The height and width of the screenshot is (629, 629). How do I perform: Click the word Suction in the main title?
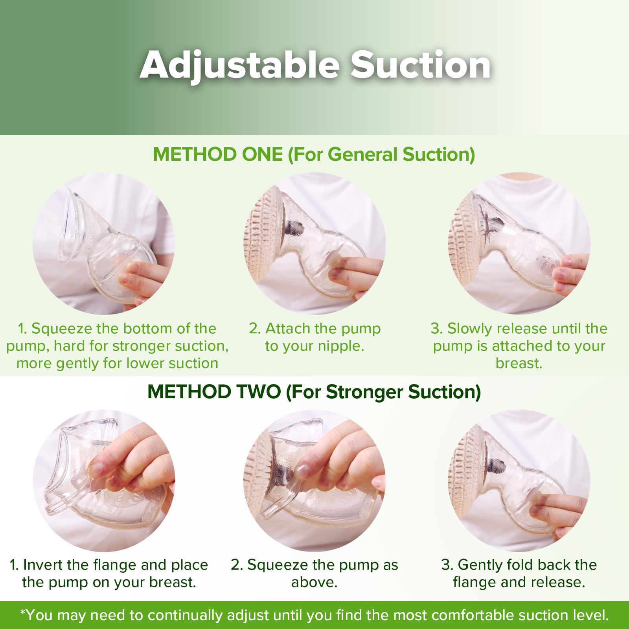pos(421,64)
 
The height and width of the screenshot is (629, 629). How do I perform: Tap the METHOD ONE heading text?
pos(217,154)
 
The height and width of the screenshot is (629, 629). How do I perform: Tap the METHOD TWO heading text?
pos(214,392)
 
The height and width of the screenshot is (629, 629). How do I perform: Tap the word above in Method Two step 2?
pos(314,582)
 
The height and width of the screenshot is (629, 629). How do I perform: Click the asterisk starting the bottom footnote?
pos(22,612)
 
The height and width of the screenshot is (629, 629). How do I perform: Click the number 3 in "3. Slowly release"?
pos(435,329)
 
